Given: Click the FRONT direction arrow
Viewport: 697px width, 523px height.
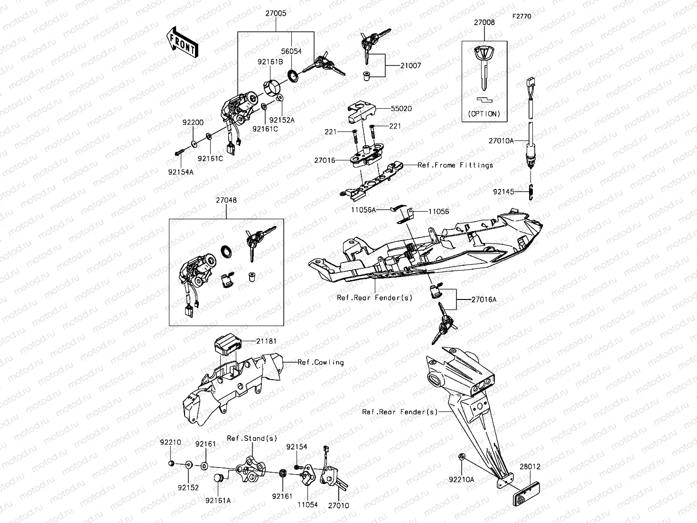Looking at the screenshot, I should pos(183,43).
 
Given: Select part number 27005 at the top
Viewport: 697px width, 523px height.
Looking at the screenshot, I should pos(276,14).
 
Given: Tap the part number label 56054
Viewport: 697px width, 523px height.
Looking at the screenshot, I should pos(291,51).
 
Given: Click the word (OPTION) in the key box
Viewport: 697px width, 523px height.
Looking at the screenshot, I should pos(484,114).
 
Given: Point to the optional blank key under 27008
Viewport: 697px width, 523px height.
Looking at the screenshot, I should pos(484,66).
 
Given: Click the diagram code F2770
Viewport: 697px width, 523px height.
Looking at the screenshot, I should pos(521,16).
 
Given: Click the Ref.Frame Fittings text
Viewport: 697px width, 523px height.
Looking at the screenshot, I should pos(455,165).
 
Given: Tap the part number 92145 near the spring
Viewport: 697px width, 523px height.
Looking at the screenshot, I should pos(503,192).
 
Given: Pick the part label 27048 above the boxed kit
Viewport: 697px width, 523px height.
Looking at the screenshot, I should pos(226,200).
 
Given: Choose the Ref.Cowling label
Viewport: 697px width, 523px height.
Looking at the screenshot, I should pos(320,362).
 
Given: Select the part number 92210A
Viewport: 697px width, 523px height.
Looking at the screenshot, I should pos(462,480).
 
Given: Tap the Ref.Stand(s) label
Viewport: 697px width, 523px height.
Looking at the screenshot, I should pos(252,438).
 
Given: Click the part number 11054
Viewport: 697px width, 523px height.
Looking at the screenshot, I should pos(307,505).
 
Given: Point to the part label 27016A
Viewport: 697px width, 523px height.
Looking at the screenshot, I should pos(484,299).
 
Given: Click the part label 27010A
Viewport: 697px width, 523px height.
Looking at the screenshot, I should pos(502,140).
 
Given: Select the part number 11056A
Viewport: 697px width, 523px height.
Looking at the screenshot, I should pos(363,209).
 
